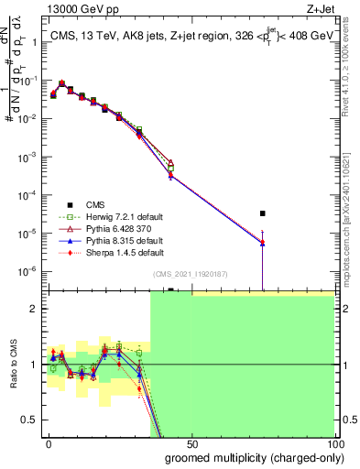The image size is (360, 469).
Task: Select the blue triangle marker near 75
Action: pos(263,244)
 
